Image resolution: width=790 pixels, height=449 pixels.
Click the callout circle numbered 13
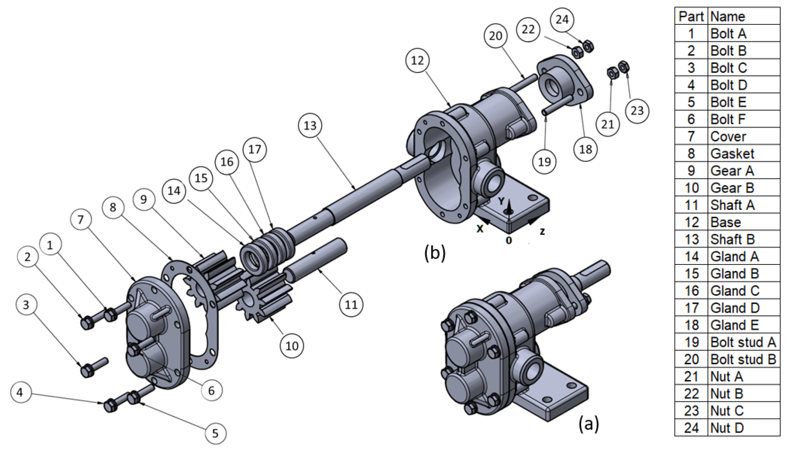click(310, 125)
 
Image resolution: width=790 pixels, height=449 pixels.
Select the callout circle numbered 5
click(215, 433)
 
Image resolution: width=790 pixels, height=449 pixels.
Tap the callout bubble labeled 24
click(562, 19)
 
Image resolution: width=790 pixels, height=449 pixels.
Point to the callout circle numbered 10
click(292, 346)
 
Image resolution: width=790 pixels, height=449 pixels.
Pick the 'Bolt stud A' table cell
click(743, 342)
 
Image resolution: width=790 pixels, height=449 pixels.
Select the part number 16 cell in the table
click(691, 291)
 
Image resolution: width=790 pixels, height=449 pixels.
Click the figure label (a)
click(588, 424)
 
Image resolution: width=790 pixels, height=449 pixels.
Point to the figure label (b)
click(435, 253)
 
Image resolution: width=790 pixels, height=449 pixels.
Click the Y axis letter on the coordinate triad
click(501, 201)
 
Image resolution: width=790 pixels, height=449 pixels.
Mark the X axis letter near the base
click(479, 229)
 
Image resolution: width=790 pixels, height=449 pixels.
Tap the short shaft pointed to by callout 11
click(314, 259)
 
